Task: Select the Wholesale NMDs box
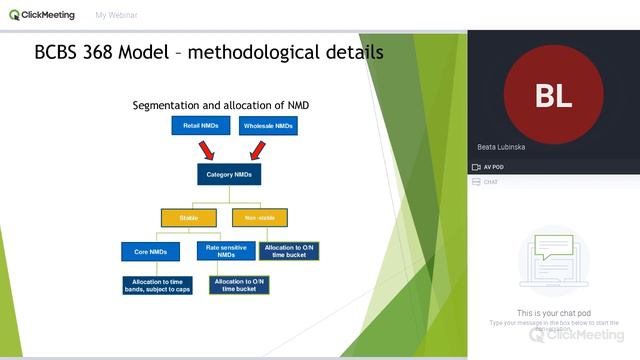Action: [x=268, y=126]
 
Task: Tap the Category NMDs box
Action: [x=228, y=174]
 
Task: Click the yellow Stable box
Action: [x=189, y=217]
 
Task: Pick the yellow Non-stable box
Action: [x=259, y=217]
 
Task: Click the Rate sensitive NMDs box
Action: [x=225, y=250]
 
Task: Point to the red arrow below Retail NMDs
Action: [x=208, y=150]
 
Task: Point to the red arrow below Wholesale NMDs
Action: [x=256, y=150]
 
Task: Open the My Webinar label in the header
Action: [x=116, y=16]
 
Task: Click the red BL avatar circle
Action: [x=553, y=95]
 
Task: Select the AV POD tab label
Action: [x=493, y=167]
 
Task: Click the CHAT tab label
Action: [x=490, y=182]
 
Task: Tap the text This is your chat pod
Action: [x=553, y=313]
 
